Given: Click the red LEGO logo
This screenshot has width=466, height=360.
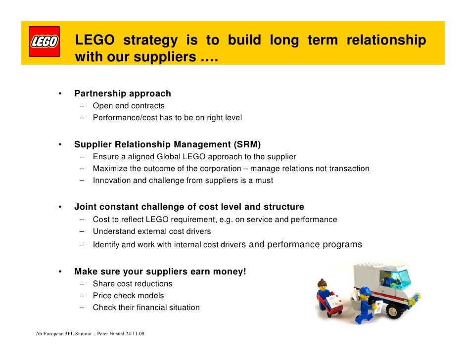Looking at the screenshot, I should pos(45,42).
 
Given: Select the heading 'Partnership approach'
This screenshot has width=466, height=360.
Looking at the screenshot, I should pos(123,93).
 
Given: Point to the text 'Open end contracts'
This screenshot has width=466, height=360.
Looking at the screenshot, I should pos(129,106).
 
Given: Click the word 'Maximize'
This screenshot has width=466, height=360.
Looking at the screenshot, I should pos(110,169).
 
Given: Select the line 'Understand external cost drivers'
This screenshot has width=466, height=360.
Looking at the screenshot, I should pos(152,231).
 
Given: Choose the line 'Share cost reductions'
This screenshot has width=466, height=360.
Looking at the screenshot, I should pos(133,284).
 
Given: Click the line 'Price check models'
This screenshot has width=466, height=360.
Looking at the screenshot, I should pos(128,296).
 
